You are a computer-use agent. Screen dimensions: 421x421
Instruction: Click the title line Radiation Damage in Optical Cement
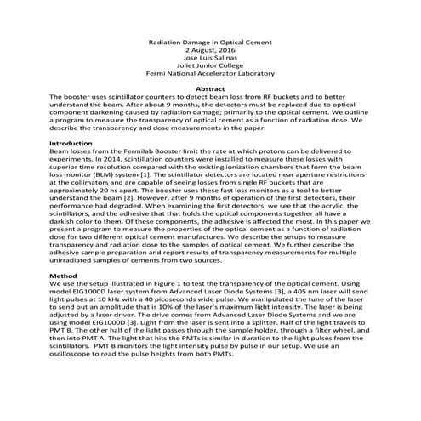209,42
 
